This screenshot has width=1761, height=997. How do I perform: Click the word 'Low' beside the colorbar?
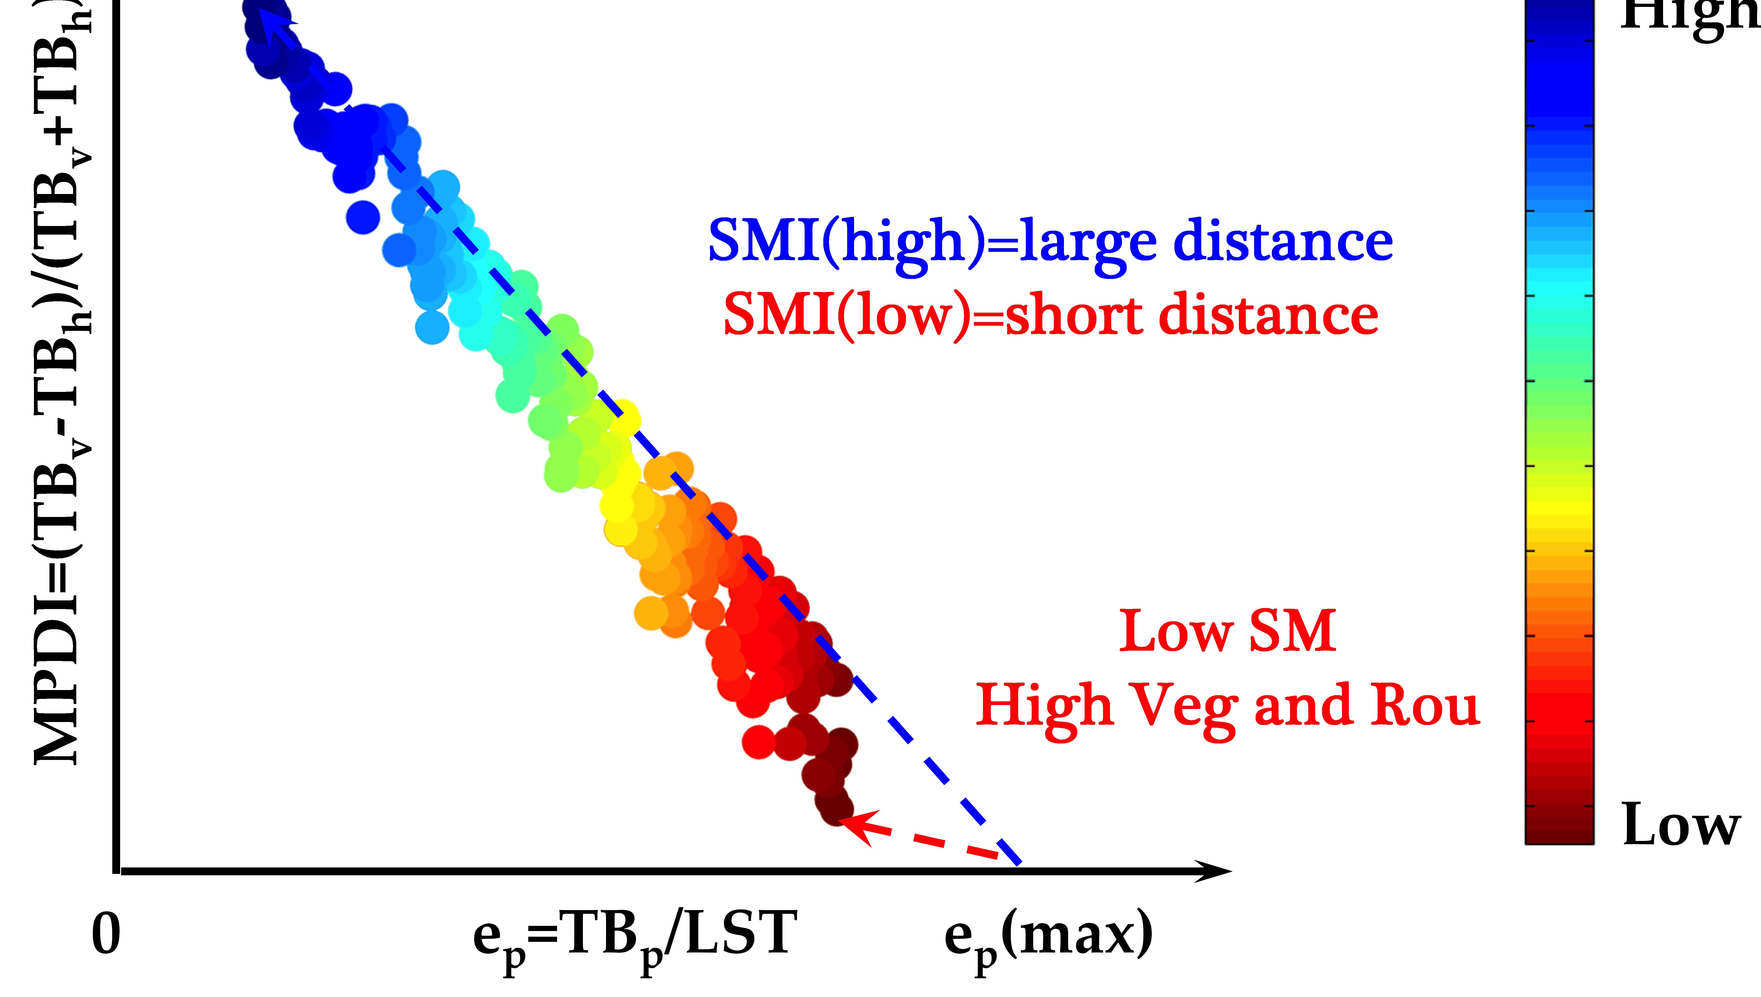1680,825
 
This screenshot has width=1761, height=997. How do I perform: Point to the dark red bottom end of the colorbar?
1559,832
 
